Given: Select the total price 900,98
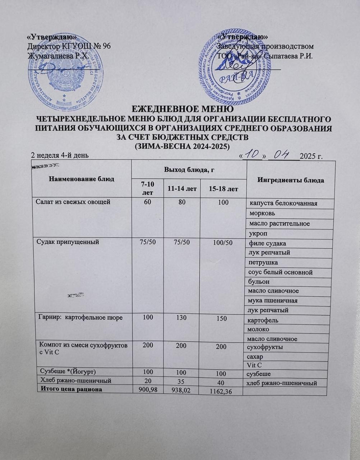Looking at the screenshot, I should pyautogui.click(x=146, y=390).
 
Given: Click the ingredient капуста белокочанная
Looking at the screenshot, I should pyautogui.click(x=283, y=203).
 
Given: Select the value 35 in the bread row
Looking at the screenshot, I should pyautogui.click(x=184, y=380).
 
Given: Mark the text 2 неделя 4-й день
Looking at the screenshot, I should pyautogui.click(x=59, y=155).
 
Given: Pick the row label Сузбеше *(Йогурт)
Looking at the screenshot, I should pyautogui.click(x=68, y=371).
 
